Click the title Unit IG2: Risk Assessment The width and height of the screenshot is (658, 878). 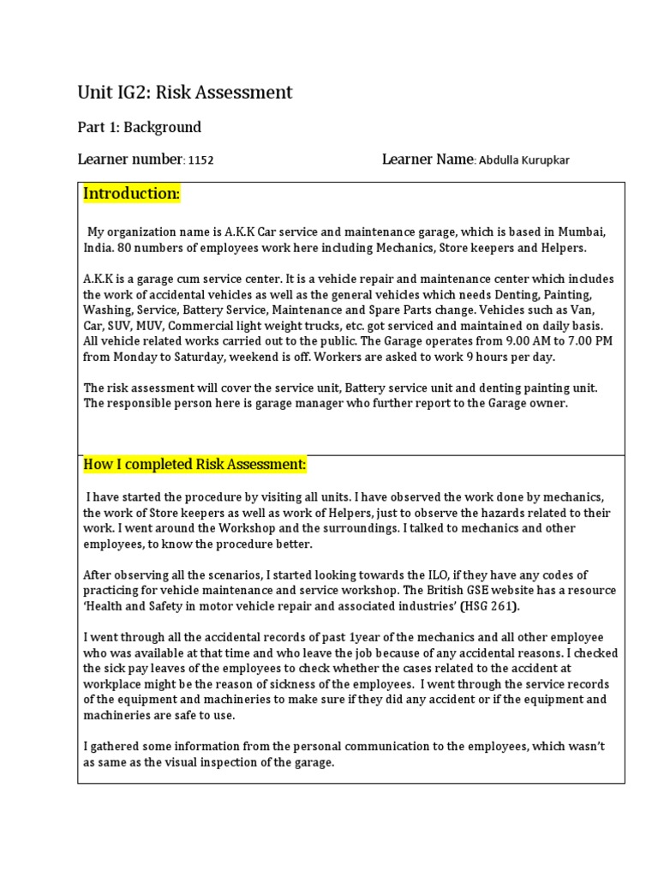[185, 92]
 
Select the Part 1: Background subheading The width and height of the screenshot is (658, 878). [140, 127]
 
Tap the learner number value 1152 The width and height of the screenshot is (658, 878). [200, 160]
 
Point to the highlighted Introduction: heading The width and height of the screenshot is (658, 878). [131, 194]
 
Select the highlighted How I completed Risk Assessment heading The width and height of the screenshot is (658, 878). [194, 465]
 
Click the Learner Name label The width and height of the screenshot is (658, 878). [428, 159]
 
